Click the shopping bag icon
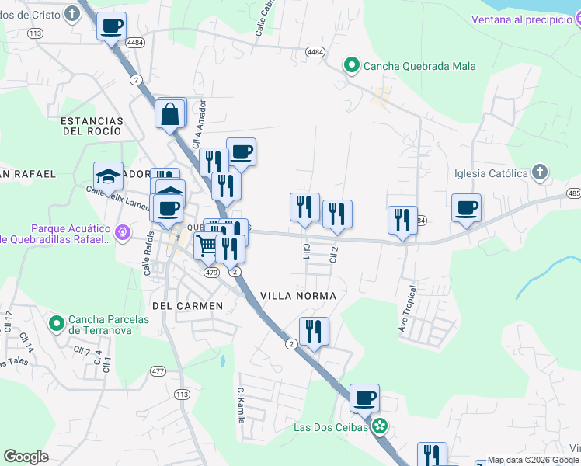point(170,114)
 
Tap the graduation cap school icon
point(109,176)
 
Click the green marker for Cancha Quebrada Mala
point(351,66)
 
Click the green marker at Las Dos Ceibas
point(379,426)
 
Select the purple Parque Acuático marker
point(121,232)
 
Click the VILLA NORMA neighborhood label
point(298,296)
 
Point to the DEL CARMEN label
point(188,306)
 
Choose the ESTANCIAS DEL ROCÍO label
point(92,127)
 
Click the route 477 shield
point(158,371)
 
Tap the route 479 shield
point(211,273)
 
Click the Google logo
point(26,457)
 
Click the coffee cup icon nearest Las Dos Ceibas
point(364,398)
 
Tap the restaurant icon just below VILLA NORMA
point(314,332)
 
